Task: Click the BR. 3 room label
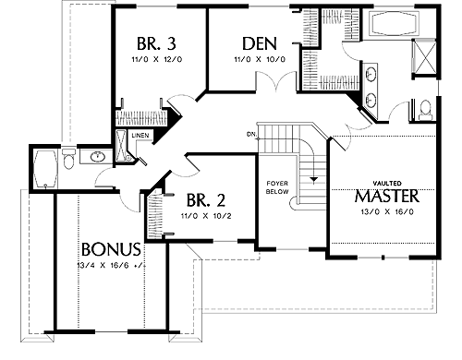[156, 43]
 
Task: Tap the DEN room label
[260, 43]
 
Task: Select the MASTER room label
[387, 196]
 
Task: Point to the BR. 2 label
[206, 200]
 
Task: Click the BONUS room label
[111, 249]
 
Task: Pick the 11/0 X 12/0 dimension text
[157, 59]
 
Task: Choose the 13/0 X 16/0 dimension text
[387, 211]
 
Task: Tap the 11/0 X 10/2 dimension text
[206, 216]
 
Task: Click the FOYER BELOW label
[277, 187]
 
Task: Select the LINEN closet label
[140, 136]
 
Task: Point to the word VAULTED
[387, 184]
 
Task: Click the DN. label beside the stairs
[250, 134]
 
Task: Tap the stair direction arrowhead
[313, 180]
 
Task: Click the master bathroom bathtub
[395, 23]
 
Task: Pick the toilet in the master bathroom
[426, 109]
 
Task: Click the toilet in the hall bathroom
[68, 159]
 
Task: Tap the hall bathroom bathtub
[45, 169]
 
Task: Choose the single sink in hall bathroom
[98, 156]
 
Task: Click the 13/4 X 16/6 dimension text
[111, 265]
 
